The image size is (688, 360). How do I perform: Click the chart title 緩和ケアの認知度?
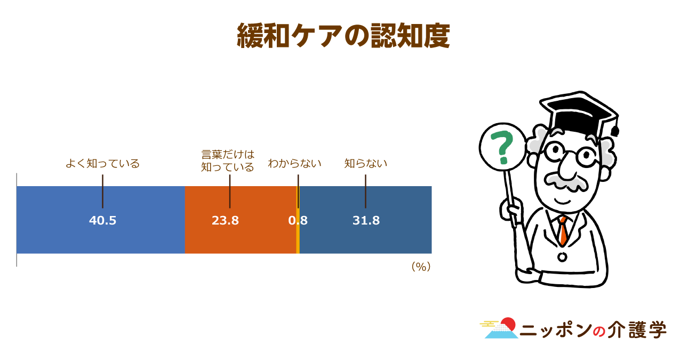[x=343, y=36]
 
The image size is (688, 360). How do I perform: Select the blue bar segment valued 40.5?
[x=101, y=220]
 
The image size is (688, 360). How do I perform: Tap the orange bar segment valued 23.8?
[x=241, y=220]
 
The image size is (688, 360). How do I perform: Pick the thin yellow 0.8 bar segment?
[x=298, y=220]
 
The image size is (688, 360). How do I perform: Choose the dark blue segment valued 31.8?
[x=365, y=220]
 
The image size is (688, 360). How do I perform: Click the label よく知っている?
[x=102, y=163]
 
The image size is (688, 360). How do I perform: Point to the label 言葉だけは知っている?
[x=228, y=161]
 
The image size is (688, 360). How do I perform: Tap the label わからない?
[x=294, y=163]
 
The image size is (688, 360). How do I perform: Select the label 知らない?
[x=365, y=163]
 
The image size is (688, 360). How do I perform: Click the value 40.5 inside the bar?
[x=102, y=221]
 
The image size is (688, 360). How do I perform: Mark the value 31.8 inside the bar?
[x=366, y=221]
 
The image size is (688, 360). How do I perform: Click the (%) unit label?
[x=421, y=267]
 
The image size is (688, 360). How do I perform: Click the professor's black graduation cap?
[x=580, y=114]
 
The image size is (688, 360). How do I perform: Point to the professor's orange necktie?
[x=563, y=231]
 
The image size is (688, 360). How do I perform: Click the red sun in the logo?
[x=508, y=324]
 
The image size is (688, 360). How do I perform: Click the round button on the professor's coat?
[x=562, y=257]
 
